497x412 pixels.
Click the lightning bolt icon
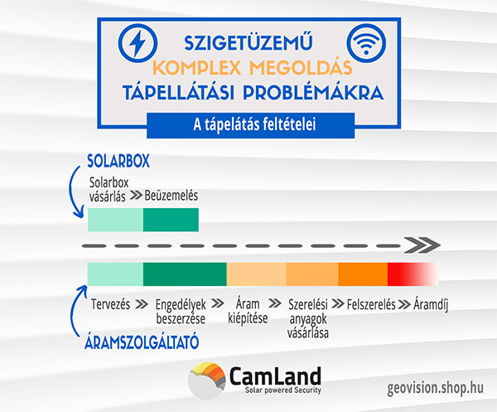[x=138, y=43]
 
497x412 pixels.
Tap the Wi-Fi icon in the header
[x=366, y=43]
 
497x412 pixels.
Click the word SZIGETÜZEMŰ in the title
[x=248, y=42]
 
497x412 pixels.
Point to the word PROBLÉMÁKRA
[x=313, y=93]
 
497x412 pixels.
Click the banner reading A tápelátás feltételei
[x=250, y=125]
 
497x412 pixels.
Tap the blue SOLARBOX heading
[x=118, y=161]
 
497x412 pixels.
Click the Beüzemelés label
[x=171, y=196]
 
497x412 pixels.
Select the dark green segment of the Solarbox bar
[x=171, y=220]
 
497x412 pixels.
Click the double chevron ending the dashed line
[x=422, y=245]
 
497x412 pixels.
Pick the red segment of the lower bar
[x=413, y=274]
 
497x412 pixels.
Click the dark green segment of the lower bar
[x=185, y=274]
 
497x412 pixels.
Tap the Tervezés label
[x=110, y=304]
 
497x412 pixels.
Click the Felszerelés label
[x=371, y=304]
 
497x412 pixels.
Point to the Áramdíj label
[x=431, y=305]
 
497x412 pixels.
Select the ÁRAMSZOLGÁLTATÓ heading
[x=142, y=342]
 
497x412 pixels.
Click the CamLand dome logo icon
[x=206, y=380]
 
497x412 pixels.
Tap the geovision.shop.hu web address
[x=436, y=388]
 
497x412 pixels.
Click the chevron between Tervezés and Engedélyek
[x=142, y=304]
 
